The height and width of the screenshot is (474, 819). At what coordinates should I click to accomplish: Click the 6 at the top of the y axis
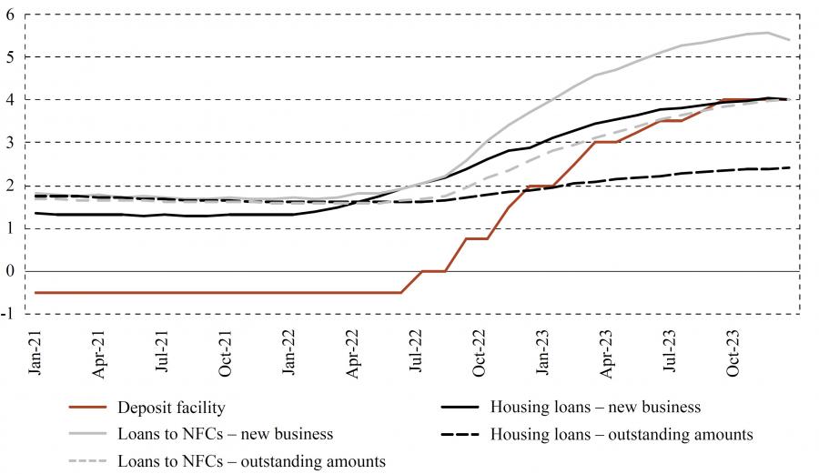click(x=11, y=14)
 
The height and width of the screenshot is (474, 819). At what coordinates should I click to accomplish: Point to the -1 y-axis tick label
click(x=9, y=314)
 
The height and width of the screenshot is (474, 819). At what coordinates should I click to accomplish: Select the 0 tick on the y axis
click(x=11, y=271)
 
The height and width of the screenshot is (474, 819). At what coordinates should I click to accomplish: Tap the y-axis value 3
click(x=11, y=143)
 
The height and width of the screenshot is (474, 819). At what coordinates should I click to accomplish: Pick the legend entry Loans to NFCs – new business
click(x=225, y=434)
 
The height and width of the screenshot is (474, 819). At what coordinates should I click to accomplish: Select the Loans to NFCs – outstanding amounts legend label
click(x=251, y=461)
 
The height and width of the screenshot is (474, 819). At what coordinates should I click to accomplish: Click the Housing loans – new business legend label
click(x=595, y=407)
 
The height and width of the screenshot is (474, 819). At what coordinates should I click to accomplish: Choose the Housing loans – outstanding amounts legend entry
click(x=622, y=434)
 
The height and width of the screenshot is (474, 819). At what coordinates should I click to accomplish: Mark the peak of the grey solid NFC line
click(x=767, y=33)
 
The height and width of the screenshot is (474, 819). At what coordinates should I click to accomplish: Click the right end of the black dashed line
click(x=788, y=167)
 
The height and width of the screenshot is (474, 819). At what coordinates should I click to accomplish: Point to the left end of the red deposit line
click(x=35, y=292)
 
